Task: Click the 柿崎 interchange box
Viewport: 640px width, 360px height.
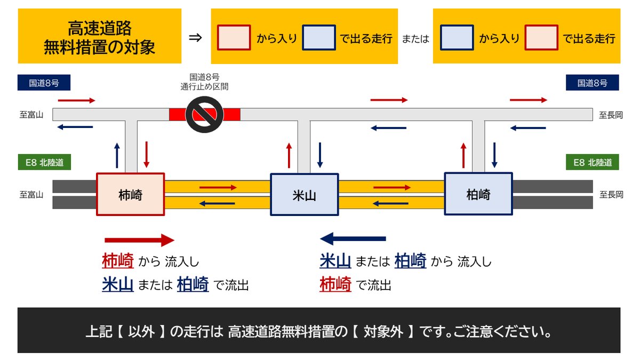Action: coord(130,195)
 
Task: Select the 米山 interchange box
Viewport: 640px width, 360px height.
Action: coord(304,195)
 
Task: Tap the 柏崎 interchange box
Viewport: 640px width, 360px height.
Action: coord(478,194)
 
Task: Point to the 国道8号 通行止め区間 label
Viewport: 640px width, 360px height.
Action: coord(204,82)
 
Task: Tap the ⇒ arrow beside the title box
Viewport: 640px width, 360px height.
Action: coord(196,38)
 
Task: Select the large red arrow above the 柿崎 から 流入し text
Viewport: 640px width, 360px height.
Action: coord(139,240)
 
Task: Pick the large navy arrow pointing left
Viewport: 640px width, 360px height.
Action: coord(353,238)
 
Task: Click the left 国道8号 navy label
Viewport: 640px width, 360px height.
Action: coord(44,83)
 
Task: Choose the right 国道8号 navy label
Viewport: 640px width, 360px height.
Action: coord(592,83)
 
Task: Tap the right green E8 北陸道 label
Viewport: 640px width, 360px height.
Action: coord(592,163)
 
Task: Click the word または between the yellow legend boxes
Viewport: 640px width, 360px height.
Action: coord(415,39)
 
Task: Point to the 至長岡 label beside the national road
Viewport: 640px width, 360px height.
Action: coord(611,115)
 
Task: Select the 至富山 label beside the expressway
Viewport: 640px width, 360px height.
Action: coord(31,195)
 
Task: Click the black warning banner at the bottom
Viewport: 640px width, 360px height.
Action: coord(319,331)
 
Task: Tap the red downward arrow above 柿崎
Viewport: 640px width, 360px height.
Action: coord(147,154)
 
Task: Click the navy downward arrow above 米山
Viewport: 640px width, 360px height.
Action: coord(319,155)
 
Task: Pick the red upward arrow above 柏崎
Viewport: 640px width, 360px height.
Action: coord(463,155)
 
